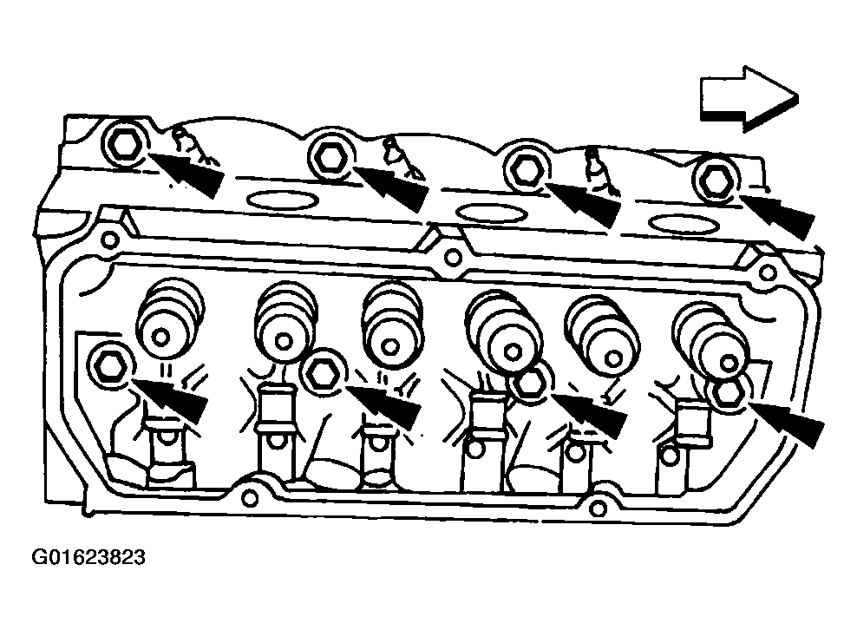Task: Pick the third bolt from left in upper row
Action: pyautogui.click(x=525, y=167)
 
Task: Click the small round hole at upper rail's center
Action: pyautogui.click(x=451, y=257)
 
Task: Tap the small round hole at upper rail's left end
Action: pyautogui.click(x=109, y=239)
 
